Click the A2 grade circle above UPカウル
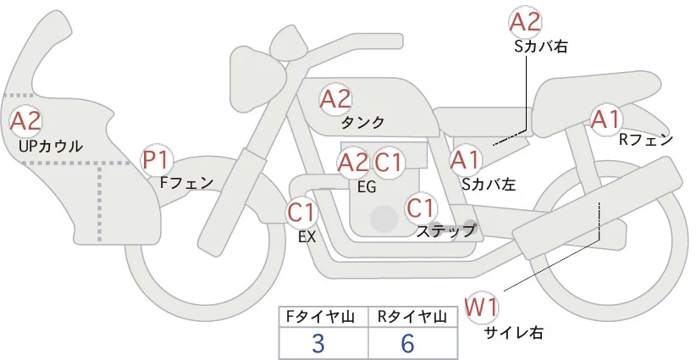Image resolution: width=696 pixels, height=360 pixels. tap(25, 121)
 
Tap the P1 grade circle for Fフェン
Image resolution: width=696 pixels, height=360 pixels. tap(157, 158)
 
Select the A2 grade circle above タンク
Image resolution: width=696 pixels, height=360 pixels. tap(335, 98)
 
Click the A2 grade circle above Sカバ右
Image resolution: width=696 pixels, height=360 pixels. tap(525, 22)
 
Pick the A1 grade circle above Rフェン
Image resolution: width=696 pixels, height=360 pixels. tap(605, 119)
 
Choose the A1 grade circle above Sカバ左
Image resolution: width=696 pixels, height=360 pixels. tap(465, 158)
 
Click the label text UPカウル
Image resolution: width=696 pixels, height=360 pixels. tap(50, 147)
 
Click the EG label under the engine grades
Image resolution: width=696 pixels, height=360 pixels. tap(367, 186)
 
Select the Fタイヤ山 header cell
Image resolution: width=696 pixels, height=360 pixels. tap(323, 317)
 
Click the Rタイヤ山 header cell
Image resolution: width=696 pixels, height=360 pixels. tap(412, 317)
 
